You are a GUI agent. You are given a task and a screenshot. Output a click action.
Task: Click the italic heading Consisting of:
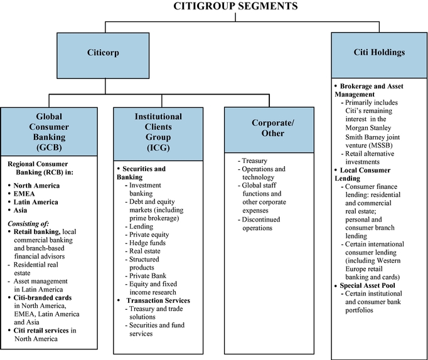32,223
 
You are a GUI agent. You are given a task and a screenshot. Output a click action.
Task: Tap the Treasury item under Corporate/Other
254,161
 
